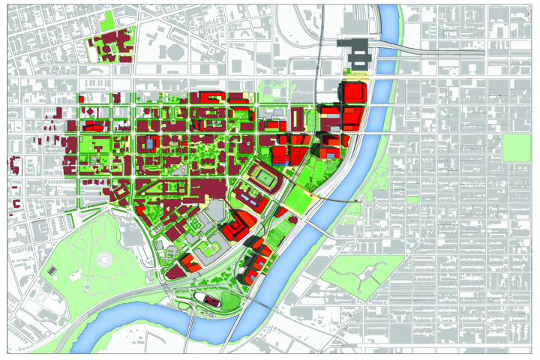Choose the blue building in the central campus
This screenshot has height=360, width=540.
[149, 142]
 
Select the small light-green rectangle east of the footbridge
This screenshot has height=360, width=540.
[412, 199]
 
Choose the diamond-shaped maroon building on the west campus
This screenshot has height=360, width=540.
[118, 194]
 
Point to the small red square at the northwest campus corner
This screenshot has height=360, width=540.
[82, 98]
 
